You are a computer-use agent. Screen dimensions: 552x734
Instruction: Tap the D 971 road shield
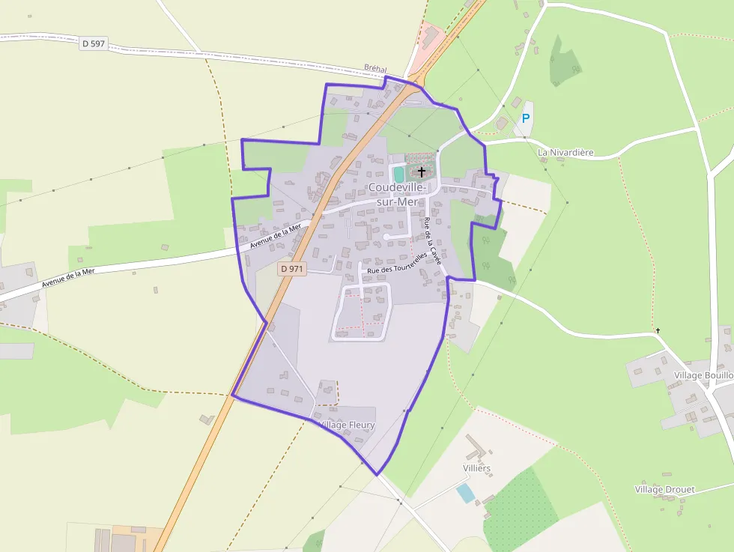coord(292,268)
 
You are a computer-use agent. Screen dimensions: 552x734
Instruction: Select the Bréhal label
coord(375,68)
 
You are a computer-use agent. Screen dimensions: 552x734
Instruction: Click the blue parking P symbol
coord(526,118)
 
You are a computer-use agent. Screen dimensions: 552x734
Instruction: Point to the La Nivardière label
coord(565,153)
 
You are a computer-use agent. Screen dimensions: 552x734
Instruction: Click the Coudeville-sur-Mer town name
coord(397,193)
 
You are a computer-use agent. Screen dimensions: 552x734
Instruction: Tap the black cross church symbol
coord(422,172)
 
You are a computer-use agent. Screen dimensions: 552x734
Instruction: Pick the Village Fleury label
coord(347,425)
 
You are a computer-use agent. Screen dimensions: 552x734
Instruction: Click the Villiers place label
coord(477,468)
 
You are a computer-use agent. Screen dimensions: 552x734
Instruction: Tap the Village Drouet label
coord(664,490)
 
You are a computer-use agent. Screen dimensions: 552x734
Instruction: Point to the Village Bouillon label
coord(703,374)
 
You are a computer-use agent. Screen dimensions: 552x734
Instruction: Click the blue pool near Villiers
coord(465,493)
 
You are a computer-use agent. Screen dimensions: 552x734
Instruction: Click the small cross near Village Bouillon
coord(658,330)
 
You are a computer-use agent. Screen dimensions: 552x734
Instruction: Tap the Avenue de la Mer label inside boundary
coord(275,235)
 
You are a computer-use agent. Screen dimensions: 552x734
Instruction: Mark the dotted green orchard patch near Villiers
coord(521,509)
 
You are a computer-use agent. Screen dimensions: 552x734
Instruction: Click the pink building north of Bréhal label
coord(429,37)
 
